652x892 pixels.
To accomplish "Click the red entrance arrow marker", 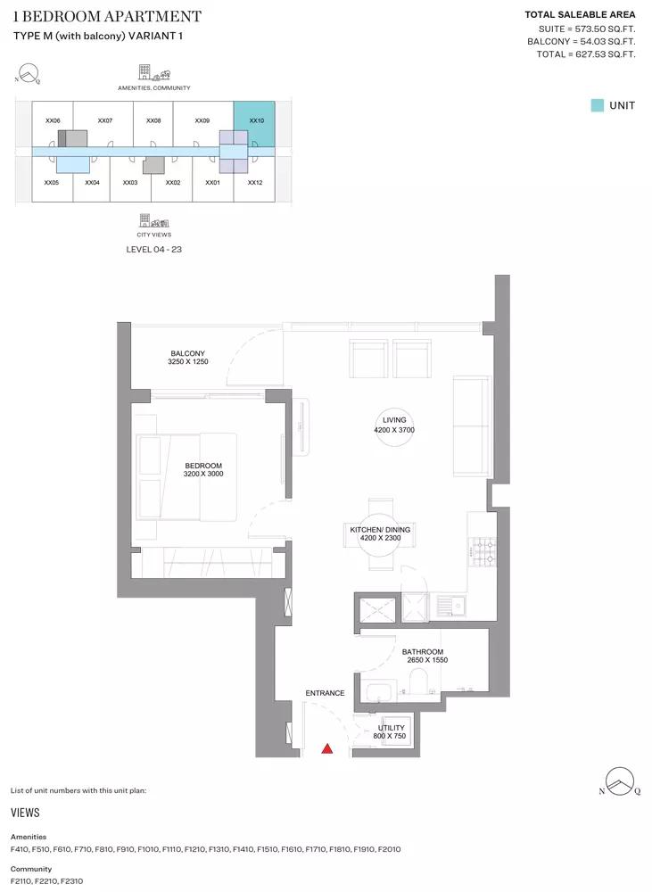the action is [x=327, y=748].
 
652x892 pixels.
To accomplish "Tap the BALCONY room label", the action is [x=187, y=353].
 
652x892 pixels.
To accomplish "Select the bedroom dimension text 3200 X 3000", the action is [x=203, y=474].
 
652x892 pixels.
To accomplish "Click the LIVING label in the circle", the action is [x=394, y=420].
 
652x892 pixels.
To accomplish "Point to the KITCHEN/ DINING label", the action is [x=380, y=530].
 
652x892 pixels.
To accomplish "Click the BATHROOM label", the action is [x=423, y=652].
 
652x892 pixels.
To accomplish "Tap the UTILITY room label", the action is [x=392, y=728].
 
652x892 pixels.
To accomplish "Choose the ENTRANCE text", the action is [x=325, y=693].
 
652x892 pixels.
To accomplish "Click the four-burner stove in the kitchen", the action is [x=483, y=552].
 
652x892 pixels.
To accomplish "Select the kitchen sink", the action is [x=451, y=607].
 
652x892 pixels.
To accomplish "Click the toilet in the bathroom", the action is [x=418, y=681].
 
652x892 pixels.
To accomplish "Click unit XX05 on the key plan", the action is [x=52, y=183].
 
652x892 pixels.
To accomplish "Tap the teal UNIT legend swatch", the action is [x=597, y=105].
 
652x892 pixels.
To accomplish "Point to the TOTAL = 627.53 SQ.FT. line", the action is [x=585, y=54].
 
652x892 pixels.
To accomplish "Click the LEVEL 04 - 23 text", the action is [x=153, y=249].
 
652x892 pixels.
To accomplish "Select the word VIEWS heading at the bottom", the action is [x=25, y=813].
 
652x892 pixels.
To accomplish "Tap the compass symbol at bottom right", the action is [x=620, y=781].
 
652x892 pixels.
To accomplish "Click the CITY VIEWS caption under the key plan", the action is [x=153, y=235].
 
